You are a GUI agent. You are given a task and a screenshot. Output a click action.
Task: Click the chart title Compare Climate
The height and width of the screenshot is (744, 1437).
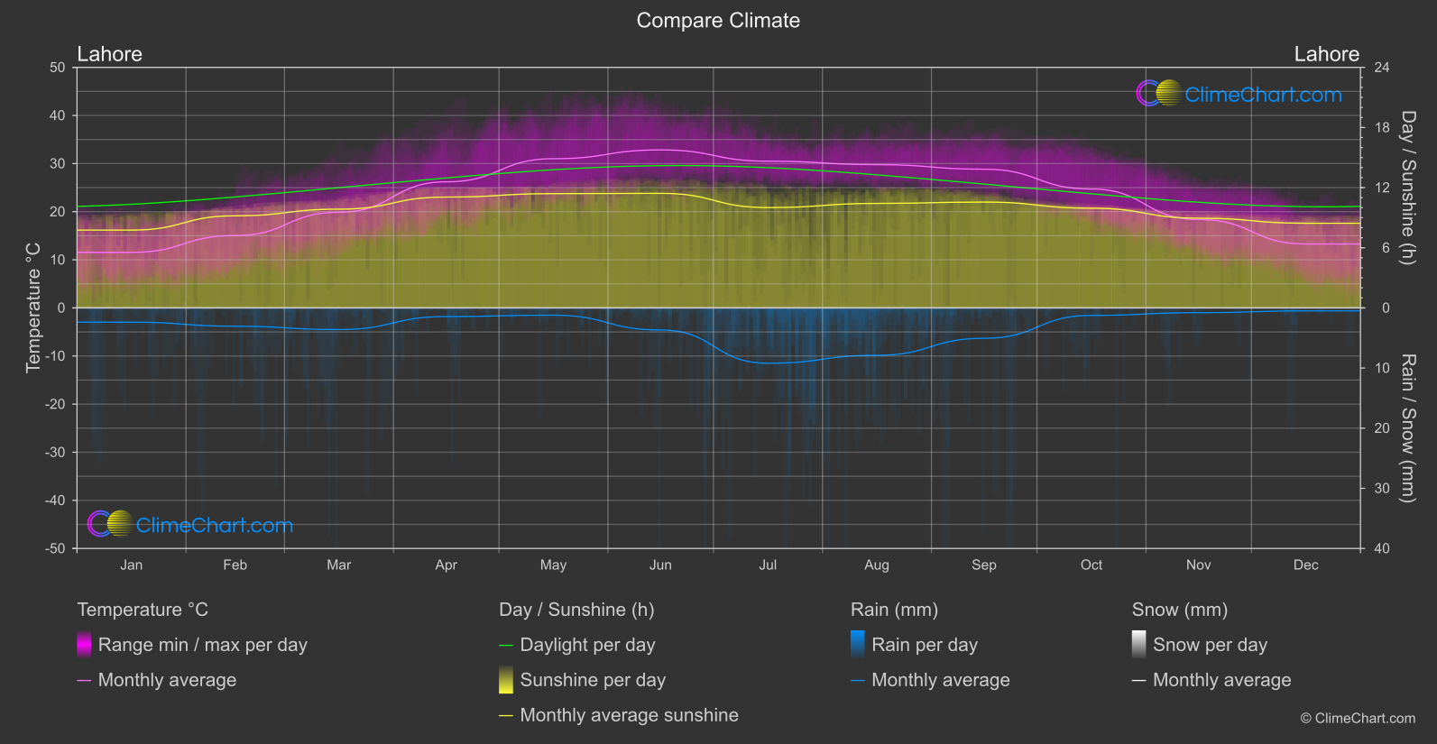pyautogui.click(x=718, y=21)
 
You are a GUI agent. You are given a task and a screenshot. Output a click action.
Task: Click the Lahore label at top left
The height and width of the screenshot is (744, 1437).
pyautogui.click(x=109, y=54)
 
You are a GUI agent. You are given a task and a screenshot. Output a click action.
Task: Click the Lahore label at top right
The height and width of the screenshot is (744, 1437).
pyautogui.click(x=1326, y=54)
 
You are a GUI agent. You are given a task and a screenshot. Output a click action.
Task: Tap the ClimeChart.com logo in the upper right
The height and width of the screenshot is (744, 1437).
pyautogui.click(x=1239, y=94)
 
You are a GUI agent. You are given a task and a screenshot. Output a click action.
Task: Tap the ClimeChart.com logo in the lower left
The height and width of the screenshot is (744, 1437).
pyautogui.click(x=190, y=525)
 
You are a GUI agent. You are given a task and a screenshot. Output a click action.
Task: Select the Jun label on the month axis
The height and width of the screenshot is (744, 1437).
pyautogui.click(x=660, y=565)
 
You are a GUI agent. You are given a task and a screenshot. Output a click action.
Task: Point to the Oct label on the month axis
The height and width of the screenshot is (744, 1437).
pyautogui.click(x=1091, y=565)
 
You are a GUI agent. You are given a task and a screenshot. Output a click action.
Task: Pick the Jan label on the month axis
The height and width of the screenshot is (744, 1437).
pyautogui.click(x=132, y=565)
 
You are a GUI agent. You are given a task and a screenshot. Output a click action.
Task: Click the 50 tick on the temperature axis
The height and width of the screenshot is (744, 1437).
pyautogui.click(x=58, y=68)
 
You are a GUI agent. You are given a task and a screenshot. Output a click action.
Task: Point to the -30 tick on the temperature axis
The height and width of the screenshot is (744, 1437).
pyautogui.click(x=55, y=453)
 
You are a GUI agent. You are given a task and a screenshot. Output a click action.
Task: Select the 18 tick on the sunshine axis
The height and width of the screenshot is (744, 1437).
pyautogui.click(x=1381, y=128)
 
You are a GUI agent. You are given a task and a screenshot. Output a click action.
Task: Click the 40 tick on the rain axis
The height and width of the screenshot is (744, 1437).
pyautogui.click(x=1381, y=548)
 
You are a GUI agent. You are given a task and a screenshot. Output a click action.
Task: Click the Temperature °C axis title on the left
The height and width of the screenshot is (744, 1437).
pyautogui.click(x=33, y=308)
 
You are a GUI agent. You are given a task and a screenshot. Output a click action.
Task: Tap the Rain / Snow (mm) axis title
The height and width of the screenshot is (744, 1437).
pyautogui.click(x=1407, y=427)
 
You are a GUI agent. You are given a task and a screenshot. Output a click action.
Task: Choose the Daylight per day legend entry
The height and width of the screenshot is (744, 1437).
pyautogui.click(x=587, y=645)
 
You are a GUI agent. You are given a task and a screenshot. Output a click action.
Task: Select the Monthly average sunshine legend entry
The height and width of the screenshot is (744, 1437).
pyautogui.click(x=629, y=715)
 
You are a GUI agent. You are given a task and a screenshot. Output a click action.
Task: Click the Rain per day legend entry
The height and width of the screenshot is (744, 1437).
pyautogui.click(x=924, y=645)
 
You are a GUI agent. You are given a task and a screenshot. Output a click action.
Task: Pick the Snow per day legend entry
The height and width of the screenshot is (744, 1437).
pyautogui.click(x=1209, y=645)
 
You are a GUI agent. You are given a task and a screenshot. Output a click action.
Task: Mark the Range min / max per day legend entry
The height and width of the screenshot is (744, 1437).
pyautogui.click(x=202, y=645)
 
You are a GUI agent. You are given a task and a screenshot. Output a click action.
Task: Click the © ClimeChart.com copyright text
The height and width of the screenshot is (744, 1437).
pyautogui.click(x=1358, y=719)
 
